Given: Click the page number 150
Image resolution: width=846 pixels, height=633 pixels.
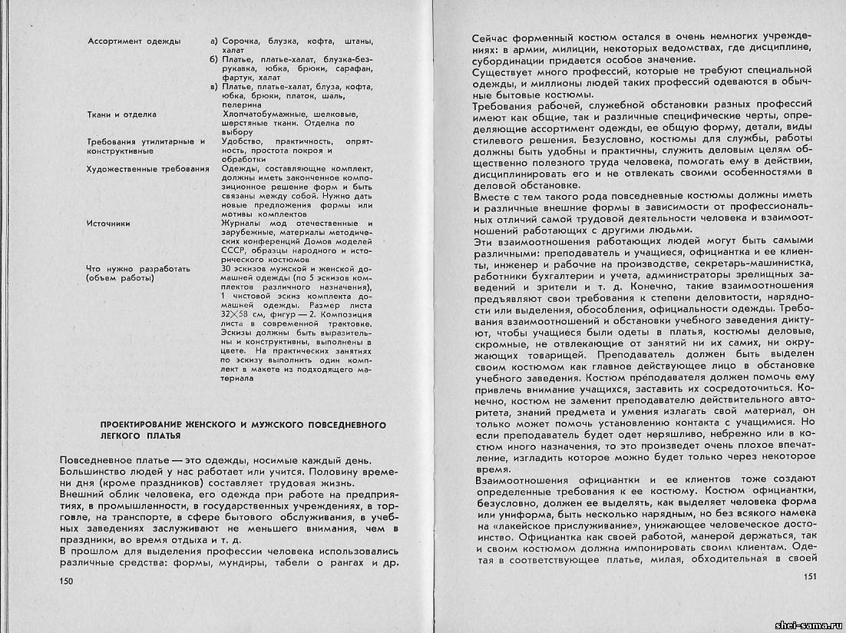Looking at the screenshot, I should pos(66,581).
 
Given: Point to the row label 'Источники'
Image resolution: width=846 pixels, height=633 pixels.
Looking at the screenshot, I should pos(108,224).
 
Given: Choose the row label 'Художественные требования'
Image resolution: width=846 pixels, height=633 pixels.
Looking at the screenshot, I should pos(148,169).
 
